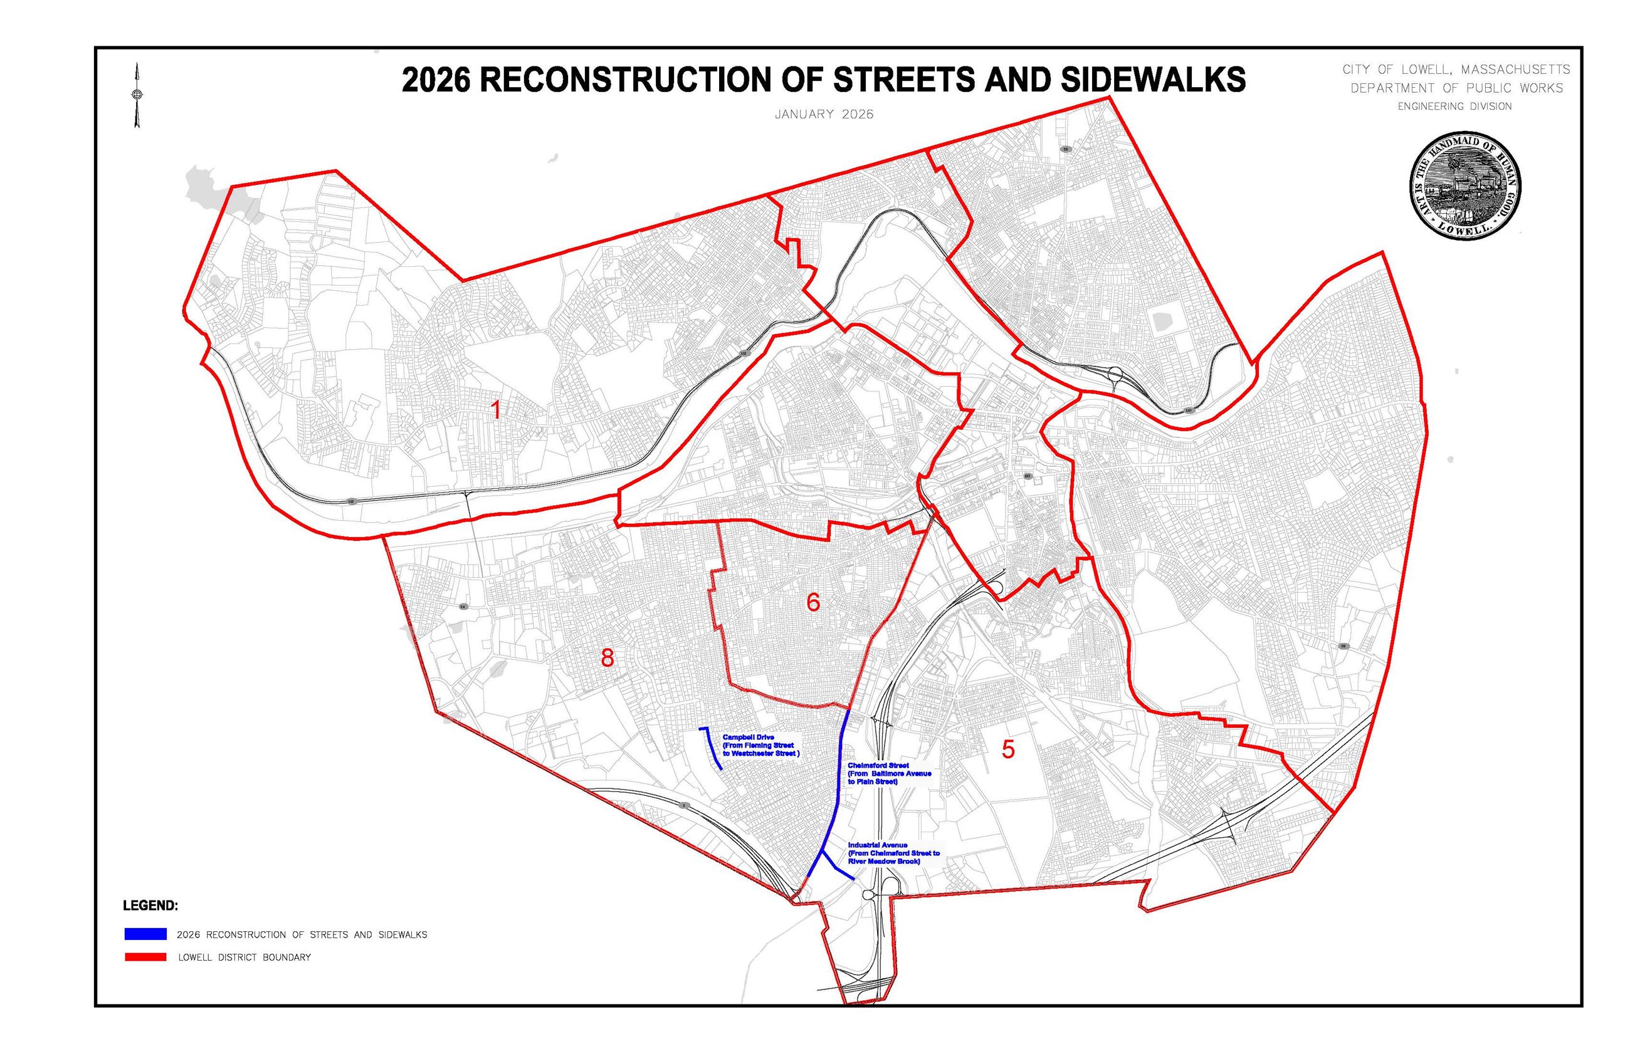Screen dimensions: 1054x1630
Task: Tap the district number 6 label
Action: click(x=812, y=602)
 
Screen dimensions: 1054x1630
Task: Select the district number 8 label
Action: click(x=606, y=658)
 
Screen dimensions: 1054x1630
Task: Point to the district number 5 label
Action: click(x=1007, y=749)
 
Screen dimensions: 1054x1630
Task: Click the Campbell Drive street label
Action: click(x=760, y=745)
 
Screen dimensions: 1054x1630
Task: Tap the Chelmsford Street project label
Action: click(x=888, y=773)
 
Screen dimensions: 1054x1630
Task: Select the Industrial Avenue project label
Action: click(x=893, y=853)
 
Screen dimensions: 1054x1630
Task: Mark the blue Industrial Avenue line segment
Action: click(x=837, y=867)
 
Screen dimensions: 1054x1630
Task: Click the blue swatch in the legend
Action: click(x=145, y=934)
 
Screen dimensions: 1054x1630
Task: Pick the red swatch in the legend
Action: click(x=145, y=957)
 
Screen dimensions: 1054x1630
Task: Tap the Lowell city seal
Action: click(x=1465, y=185)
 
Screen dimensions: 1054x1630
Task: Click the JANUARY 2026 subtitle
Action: click(x=824, y=114)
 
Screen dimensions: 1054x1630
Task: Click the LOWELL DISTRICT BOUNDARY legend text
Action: click(x=244, y=957)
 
